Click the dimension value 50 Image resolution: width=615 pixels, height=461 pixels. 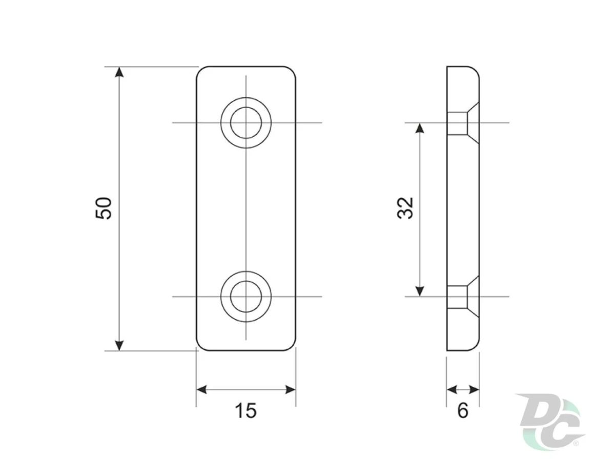(104, 208)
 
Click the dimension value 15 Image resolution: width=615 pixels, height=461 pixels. (245, 411)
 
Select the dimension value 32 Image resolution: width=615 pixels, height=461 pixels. (405, 208)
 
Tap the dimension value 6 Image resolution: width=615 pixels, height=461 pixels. (463, 411)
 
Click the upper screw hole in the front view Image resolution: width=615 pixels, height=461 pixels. (245, 122)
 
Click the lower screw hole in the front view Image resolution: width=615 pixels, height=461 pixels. (245, 297)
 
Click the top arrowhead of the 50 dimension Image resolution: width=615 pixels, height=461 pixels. (119, 72)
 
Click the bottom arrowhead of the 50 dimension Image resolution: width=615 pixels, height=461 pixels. (119, 345)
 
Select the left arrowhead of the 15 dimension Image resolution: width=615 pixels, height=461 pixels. (201, 389)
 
